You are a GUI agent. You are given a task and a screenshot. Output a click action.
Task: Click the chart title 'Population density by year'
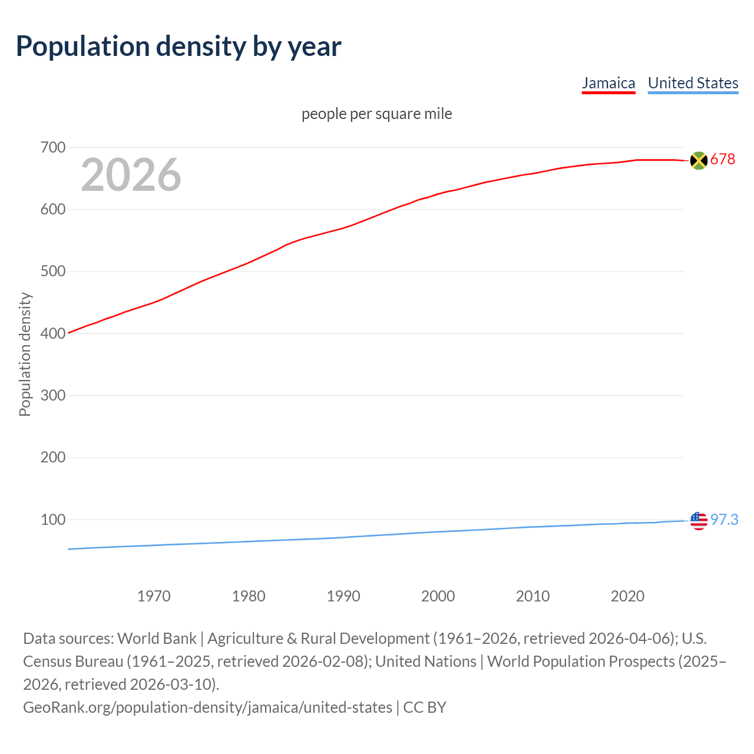(x=178, y=47)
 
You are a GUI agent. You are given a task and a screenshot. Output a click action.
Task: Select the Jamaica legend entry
(x=609, y=83)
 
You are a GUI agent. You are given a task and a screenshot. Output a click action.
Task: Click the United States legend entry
(x=693, y=83)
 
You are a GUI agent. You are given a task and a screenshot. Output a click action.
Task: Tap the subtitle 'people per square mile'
(x=376, y=114)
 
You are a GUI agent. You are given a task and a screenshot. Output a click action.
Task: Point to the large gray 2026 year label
(x=131, y=175)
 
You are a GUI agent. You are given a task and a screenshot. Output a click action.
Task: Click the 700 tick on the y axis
(x=52, y=147)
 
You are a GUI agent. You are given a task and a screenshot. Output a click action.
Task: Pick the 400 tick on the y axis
(x=52, y=333)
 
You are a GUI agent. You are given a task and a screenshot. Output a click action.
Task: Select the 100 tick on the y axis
(x=52, y=520)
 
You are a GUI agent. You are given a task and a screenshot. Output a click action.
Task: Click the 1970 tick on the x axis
(x=154, y=596)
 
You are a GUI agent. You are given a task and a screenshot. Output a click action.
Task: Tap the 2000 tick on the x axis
(x=438, y=596)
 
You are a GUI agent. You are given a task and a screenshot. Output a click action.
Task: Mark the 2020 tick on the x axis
(x=627, y=596)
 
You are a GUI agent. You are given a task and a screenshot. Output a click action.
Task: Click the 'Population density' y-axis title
(x=25, y=354)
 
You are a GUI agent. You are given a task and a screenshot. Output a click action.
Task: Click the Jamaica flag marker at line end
(x=699, y=160)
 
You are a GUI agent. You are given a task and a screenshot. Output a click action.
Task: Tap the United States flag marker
(x=699, y=521)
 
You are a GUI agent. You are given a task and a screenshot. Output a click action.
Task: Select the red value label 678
(x=723, y=160)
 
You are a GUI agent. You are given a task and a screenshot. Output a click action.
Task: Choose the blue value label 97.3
(x=724, y=520)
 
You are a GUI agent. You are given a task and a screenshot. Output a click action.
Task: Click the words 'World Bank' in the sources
(x=157, y=639)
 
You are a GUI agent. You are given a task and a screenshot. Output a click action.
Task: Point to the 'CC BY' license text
(x=425, y=707)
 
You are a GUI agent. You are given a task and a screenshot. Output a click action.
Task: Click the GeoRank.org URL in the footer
(x=207, y=707)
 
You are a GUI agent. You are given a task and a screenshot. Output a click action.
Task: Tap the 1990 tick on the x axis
(x=343, y=596)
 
